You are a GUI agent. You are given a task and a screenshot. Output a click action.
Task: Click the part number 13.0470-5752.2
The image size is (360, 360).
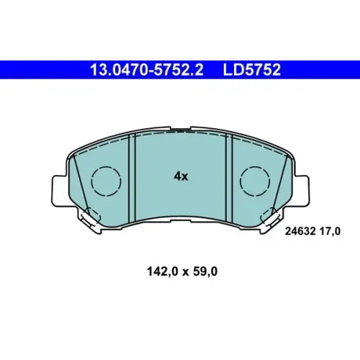tap(147, 70)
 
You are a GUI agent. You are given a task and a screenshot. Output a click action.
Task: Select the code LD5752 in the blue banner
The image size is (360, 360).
tap(252, 70)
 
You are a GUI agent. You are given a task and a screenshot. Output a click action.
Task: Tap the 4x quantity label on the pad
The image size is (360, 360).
tap(181, 176)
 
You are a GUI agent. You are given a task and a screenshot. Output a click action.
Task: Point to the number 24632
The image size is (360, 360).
tap(300, 232)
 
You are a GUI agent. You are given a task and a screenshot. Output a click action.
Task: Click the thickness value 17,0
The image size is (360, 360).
tap(330, 232)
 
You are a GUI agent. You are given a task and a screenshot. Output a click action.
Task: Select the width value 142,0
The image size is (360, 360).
tap(163, 271)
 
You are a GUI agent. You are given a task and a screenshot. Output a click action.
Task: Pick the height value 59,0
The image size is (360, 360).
tap(205, 271)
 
